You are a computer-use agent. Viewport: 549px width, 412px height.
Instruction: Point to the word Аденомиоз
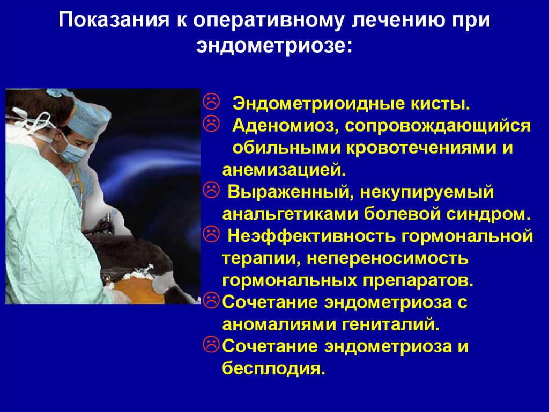285,126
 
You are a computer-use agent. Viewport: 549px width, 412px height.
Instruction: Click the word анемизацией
284,170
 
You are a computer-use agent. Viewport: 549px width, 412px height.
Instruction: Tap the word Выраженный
291,192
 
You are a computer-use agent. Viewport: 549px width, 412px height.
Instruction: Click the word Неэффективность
312,236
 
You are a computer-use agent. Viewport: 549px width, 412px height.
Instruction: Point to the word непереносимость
388,258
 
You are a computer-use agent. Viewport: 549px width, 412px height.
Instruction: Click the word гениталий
390,324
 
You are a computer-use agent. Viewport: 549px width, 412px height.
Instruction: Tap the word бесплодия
274,368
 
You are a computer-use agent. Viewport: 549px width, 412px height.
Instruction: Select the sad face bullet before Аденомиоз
211,124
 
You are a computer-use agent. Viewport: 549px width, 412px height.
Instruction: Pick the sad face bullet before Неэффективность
211,234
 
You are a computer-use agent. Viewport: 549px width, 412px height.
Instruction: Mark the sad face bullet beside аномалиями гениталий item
211,300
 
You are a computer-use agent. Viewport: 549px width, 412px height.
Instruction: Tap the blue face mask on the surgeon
72,151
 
